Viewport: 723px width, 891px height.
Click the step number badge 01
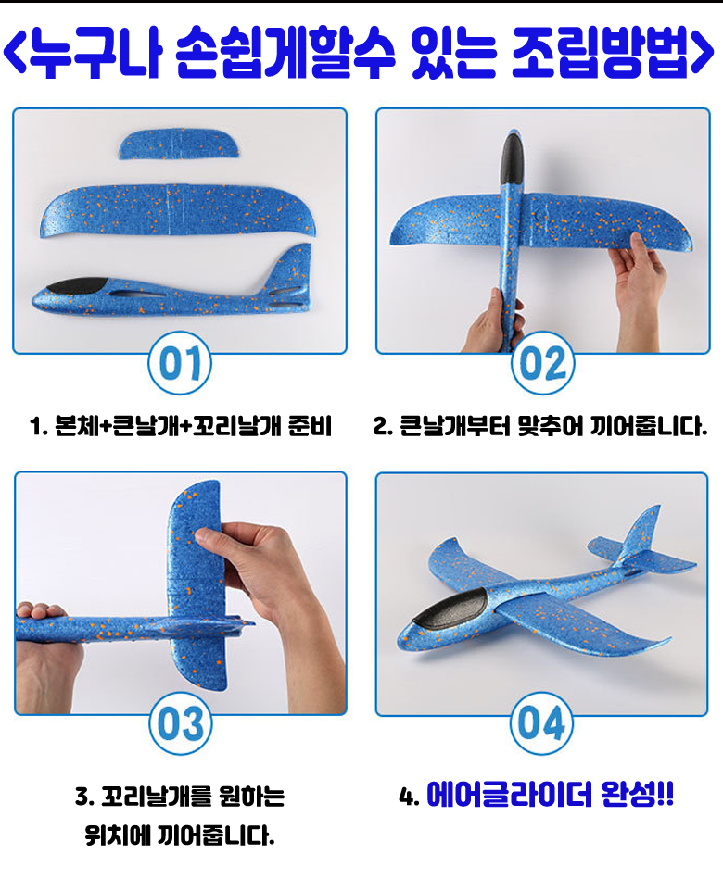coord(180,363)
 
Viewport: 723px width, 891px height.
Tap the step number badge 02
coord(542,363)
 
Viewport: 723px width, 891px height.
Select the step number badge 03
coord(181,723)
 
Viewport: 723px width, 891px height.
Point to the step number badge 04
coord(541,723)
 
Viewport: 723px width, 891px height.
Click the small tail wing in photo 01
coord(179,144)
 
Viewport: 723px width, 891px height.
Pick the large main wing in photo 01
coord(178,210)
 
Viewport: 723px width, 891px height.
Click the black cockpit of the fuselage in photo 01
coord(77,286)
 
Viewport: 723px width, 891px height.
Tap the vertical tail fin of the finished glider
coord(641,533)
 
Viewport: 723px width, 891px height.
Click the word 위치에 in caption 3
coord(117,835)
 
